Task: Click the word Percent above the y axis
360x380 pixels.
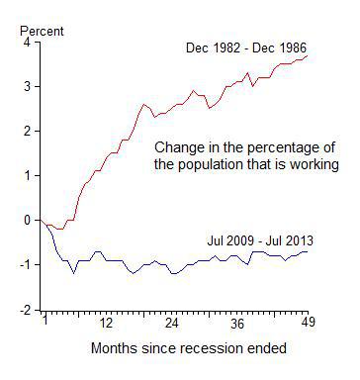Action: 41,32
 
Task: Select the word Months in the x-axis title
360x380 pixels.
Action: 112,348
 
